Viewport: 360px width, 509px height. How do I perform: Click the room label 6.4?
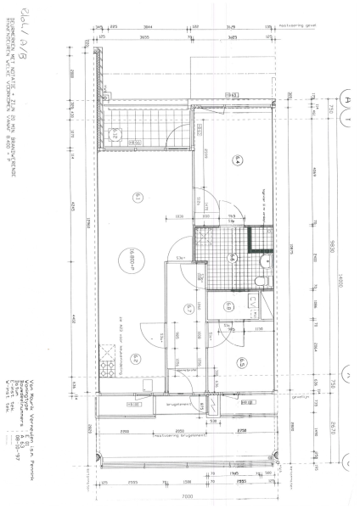(239, 159)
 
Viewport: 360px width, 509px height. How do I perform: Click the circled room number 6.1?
(136, 196)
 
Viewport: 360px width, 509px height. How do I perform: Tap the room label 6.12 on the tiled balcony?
(113, 131)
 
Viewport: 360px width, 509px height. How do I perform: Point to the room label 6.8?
(229, 307)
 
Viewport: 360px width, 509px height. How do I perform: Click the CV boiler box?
(252, 301)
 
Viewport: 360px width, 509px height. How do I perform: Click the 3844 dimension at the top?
(149, 27)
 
